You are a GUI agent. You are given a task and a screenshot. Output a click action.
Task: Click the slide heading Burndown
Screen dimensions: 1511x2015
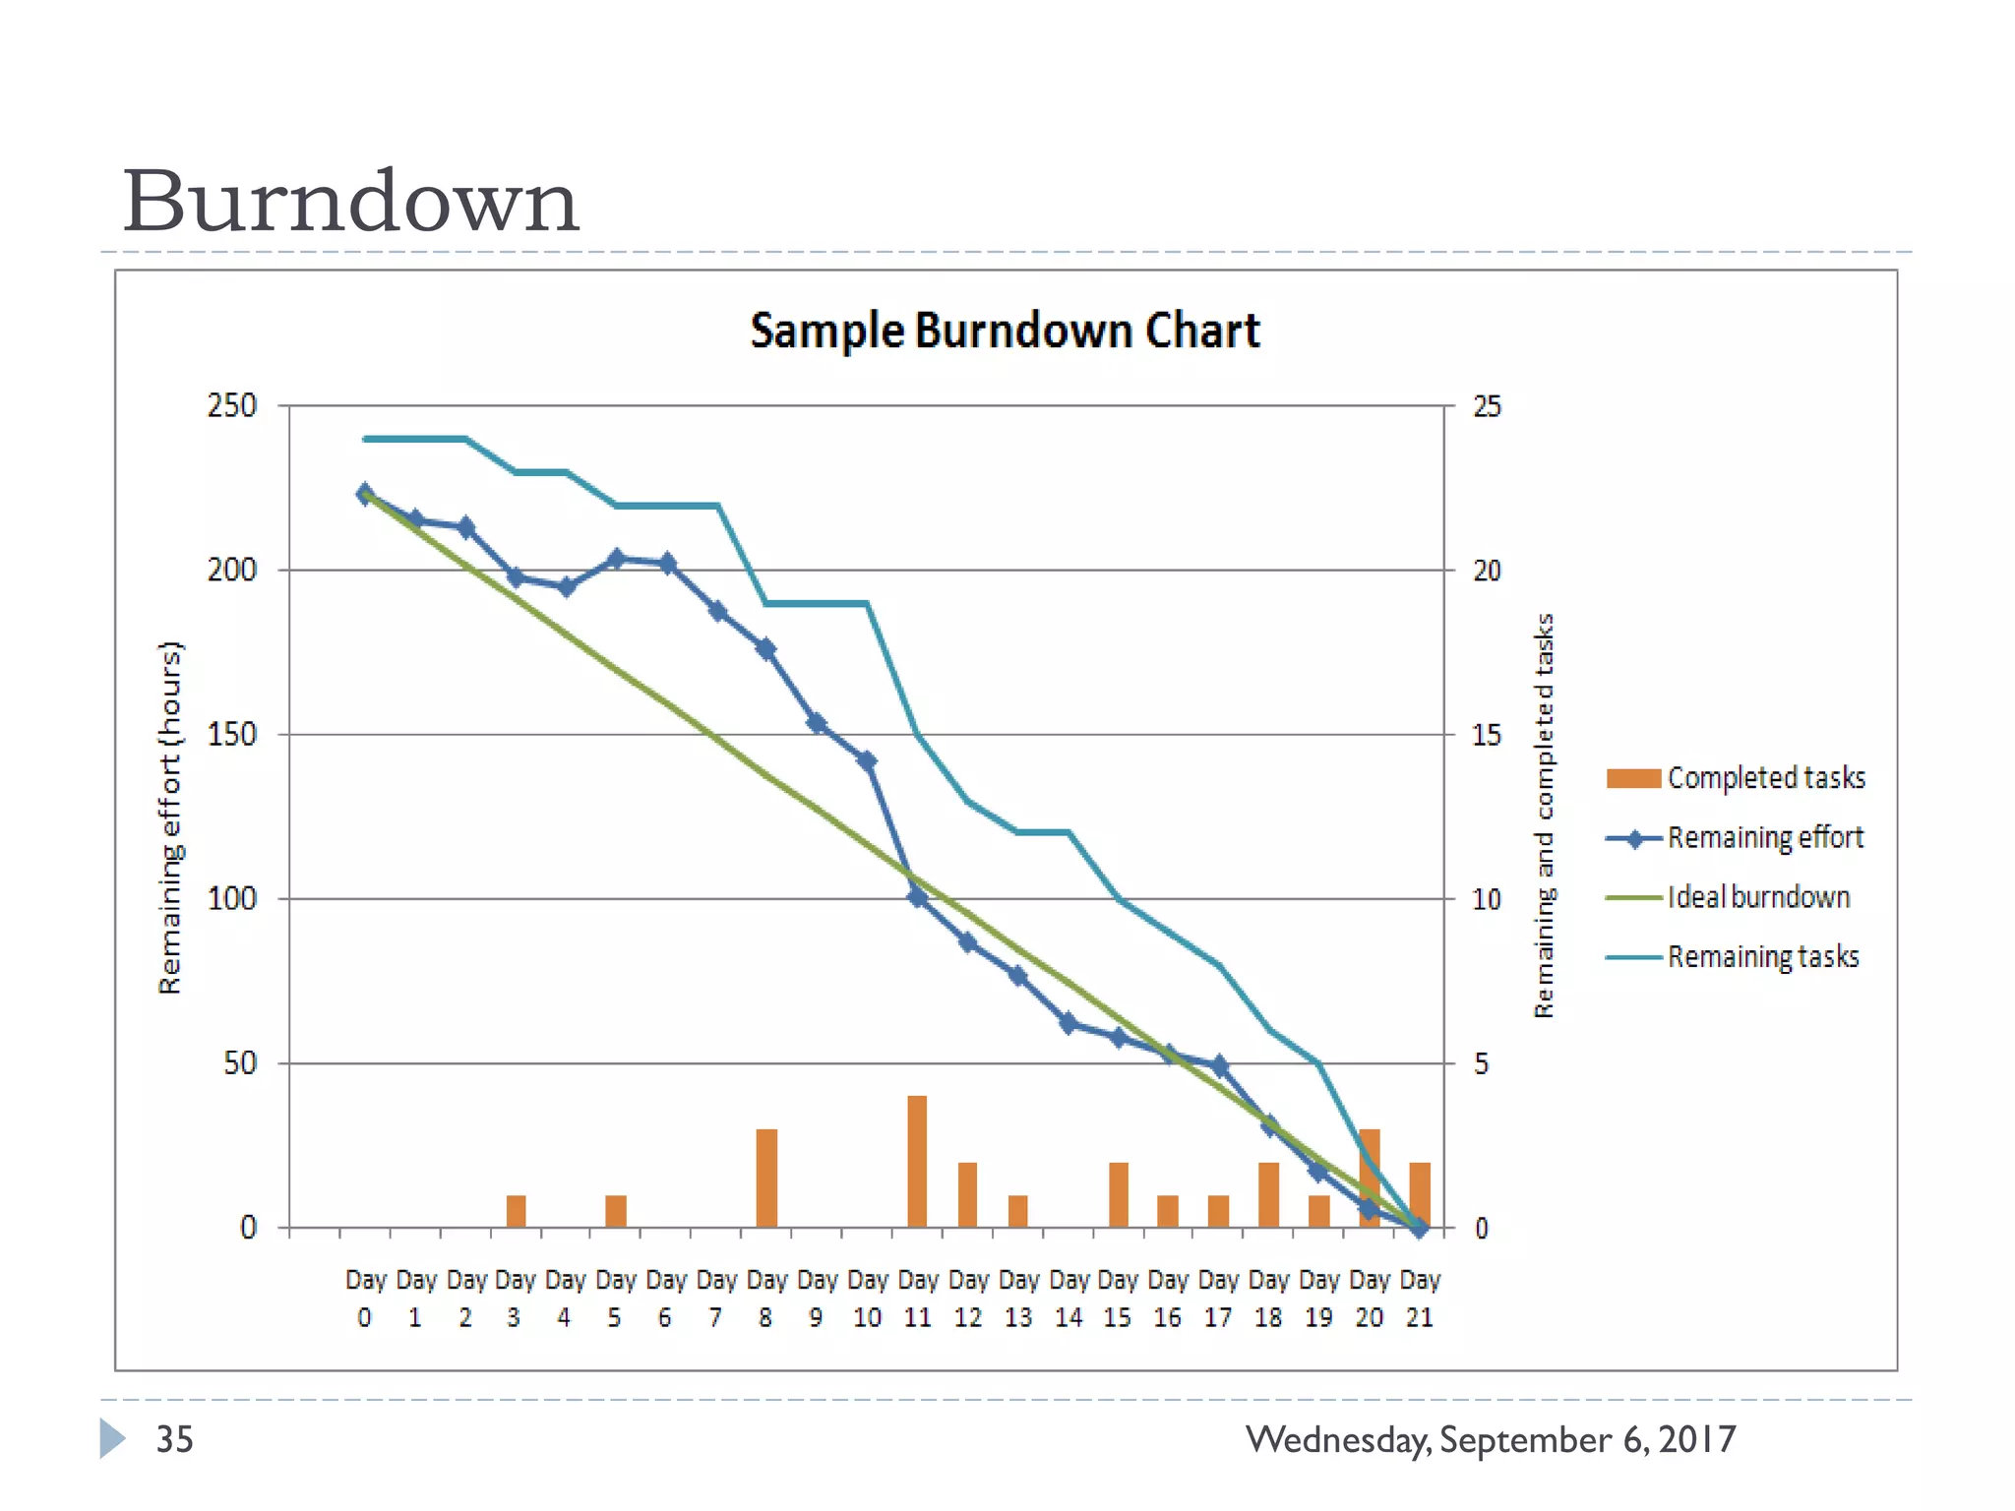350,202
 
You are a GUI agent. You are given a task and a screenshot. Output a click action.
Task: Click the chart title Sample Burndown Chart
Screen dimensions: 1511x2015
1005,331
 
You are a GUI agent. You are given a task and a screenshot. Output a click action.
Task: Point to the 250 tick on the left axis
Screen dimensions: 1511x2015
232,405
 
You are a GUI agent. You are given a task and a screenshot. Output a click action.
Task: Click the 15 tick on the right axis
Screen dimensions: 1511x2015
1487,735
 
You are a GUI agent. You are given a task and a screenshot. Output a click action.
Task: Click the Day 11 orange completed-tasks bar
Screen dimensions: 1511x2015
917,1162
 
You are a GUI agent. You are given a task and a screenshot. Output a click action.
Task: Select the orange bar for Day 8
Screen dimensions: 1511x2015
766,1179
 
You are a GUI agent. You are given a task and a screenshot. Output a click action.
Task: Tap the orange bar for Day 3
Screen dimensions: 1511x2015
516,1212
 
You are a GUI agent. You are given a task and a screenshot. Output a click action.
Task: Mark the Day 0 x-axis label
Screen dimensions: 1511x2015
365,1299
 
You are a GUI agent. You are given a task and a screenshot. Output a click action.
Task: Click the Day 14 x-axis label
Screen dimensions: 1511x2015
1069,1299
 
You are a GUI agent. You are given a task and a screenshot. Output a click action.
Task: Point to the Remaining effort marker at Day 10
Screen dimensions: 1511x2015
867,760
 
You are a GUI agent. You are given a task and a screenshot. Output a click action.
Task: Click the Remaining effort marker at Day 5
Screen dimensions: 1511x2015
616,559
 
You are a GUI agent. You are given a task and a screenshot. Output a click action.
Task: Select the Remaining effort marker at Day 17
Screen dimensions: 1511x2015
1219,1065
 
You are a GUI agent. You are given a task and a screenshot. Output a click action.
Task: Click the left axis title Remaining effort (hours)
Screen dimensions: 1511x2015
170,816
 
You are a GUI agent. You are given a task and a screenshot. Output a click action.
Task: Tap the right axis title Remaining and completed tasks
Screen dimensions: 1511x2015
1544,816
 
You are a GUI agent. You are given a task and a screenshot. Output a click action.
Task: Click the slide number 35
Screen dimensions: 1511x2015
175,1439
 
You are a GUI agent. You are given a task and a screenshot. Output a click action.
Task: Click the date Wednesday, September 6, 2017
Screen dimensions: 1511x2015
1490,1439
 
